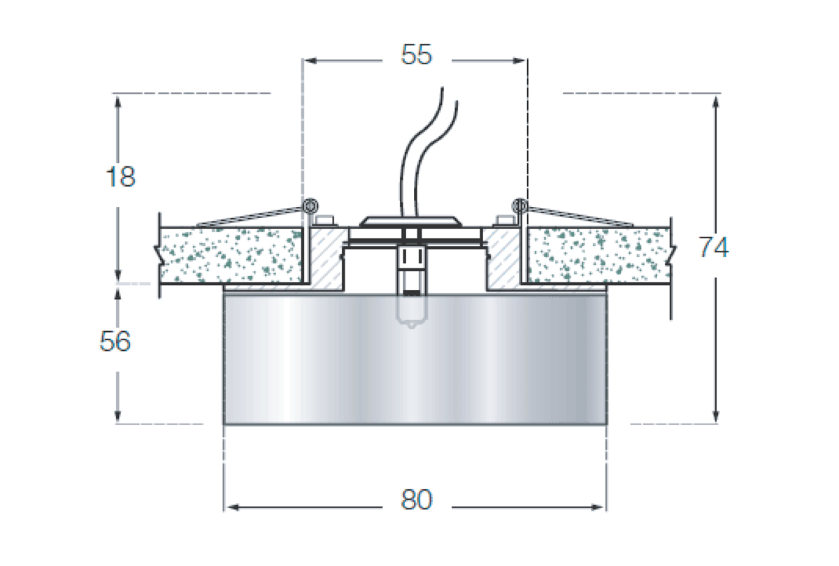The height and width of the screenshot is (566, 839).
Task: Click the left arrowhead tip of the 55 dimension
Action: pyautogui.click(x=305, y=61)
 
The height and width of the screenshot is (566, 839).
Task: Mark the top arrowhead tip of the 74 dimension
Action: pyautogui.click(x=716, y=96)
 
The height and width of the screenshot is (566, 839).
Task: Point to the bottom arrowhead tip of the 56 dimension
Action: pyautogui.click(x=117, y=422)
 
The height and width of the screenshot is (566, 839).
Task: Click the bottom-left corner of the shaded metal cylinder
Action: pyautogui.click(x=224, y=424)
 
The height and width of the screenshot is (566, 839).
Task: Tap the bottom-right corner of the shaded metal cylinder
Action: pyautogui.click(x=607, y=424)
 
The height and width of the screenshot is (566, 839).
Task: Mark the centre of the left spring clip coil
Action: pyautogui.click(x=310, y=206)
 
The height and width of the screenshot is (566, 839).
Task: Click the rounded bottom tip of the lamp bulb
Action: pyautogui.click(x=412, y=328)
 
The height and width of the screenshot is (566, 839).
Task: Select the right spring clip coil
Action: pyautogui.click(x=520, y=206)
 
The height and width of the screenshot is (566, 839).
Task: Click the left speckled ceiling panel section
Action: pyautogui.click(x=231, y=255)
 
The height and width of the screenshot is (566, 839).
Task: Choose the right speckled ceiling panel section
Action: pyautogui.click(x=598, y=255)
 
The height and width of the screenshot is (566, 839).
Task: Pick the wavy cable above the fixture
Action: pyautogui.click(x=429, y=152)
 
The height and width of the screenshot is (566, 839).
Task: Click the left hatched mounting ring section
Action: pyautogui.click(x=327, y=259)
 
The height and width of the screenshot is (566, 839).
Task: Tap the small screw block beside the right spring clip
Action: pyautogui.click(x=505, y=221)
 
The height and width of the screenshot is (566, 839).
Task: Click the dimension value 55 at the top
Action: pyautogui.click(x=417, y=55)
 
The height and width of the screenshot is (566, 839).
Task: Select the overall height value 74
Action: pyautogui.click(x=714, y=247)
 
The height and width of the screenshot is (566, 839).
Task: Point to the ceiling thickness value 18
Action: pyautogui.click(x=120, y=177)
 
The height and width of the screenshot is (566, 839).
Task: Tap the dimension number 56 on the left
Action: pyautogui.click(x=115, y=341)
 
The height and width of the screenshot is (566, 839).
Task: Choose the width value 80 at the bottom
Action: pyautogui.click(x=417, y=500)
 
